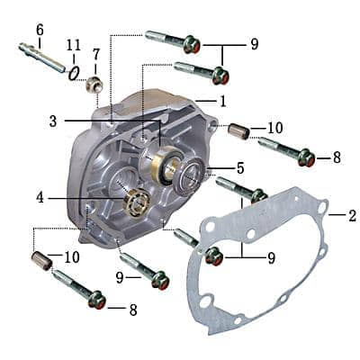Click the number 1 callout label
click(x=223, y=100)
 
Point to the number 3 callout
click(x=53, y=120)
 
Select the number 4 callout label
click(x=40, y=197)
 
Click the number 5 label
click(x=239, y=168)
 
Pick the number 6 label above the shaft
click(x=40, y=30)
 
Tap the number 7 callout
click(x=96, y=53)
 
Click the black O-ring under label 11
click(x=74, y=72)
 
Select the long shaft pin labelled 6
click(x=40, y=58)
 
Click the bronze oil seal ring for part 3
click(x=165, y=164)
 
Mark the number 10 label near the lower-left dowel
click(x=72, y=257)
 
